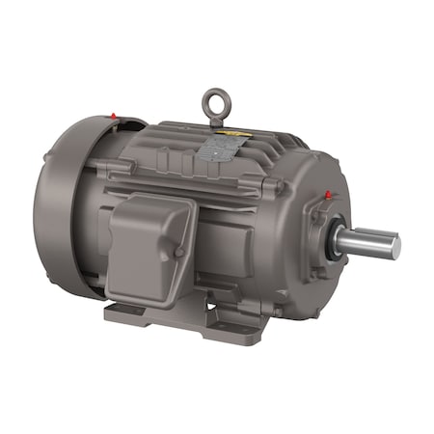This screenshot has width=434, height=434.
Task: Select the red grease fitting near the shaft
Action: [x=329, y=195]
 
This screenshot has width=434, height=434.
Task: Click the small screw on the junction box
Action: [x=179, y=253]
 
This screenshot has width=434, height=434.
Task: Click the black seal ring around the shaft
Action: [x=334, y=244]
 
